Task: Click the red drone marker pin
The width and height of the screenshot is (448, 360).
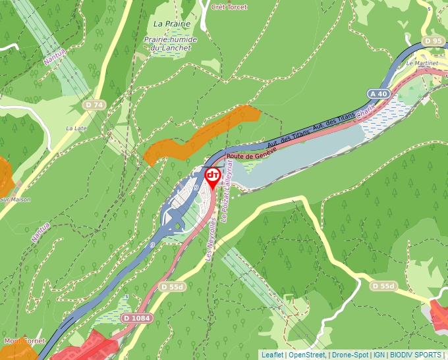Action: pos(213,177)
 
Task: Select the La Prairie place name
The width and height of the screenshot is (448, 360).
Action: pos(171,24)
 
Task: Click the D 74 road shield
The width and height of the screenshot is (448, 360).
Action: pos(94,105)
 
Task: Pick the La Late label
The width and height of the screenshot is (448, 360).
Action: pos(76,128)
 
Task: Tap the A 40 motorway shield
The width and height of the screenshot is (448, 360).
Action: pos(379,94)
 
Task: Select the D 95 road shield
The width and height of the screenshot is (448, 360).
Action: pos(434,41)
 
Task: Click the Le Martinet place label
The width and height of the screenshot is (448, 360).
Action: pos(422,64)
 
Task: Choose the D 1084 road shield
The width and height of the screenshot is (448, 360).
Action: pos(136,319)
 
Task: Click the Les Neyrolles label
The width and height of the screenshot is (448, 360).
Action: pos(211,240)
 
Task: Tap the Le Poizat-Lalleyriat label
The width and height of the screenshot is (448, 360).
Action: pos(227,189)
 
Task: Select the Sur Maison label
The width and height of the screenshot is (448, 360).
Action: pos(12,199)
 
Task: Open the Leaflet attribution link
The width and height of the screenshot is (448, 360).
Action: pos(272,355)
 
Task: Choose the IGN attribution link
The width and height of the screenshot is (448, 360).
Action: pos(379,355)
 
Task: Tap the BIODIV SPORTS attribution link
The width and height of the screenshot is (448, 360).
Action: pos(416,355)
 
